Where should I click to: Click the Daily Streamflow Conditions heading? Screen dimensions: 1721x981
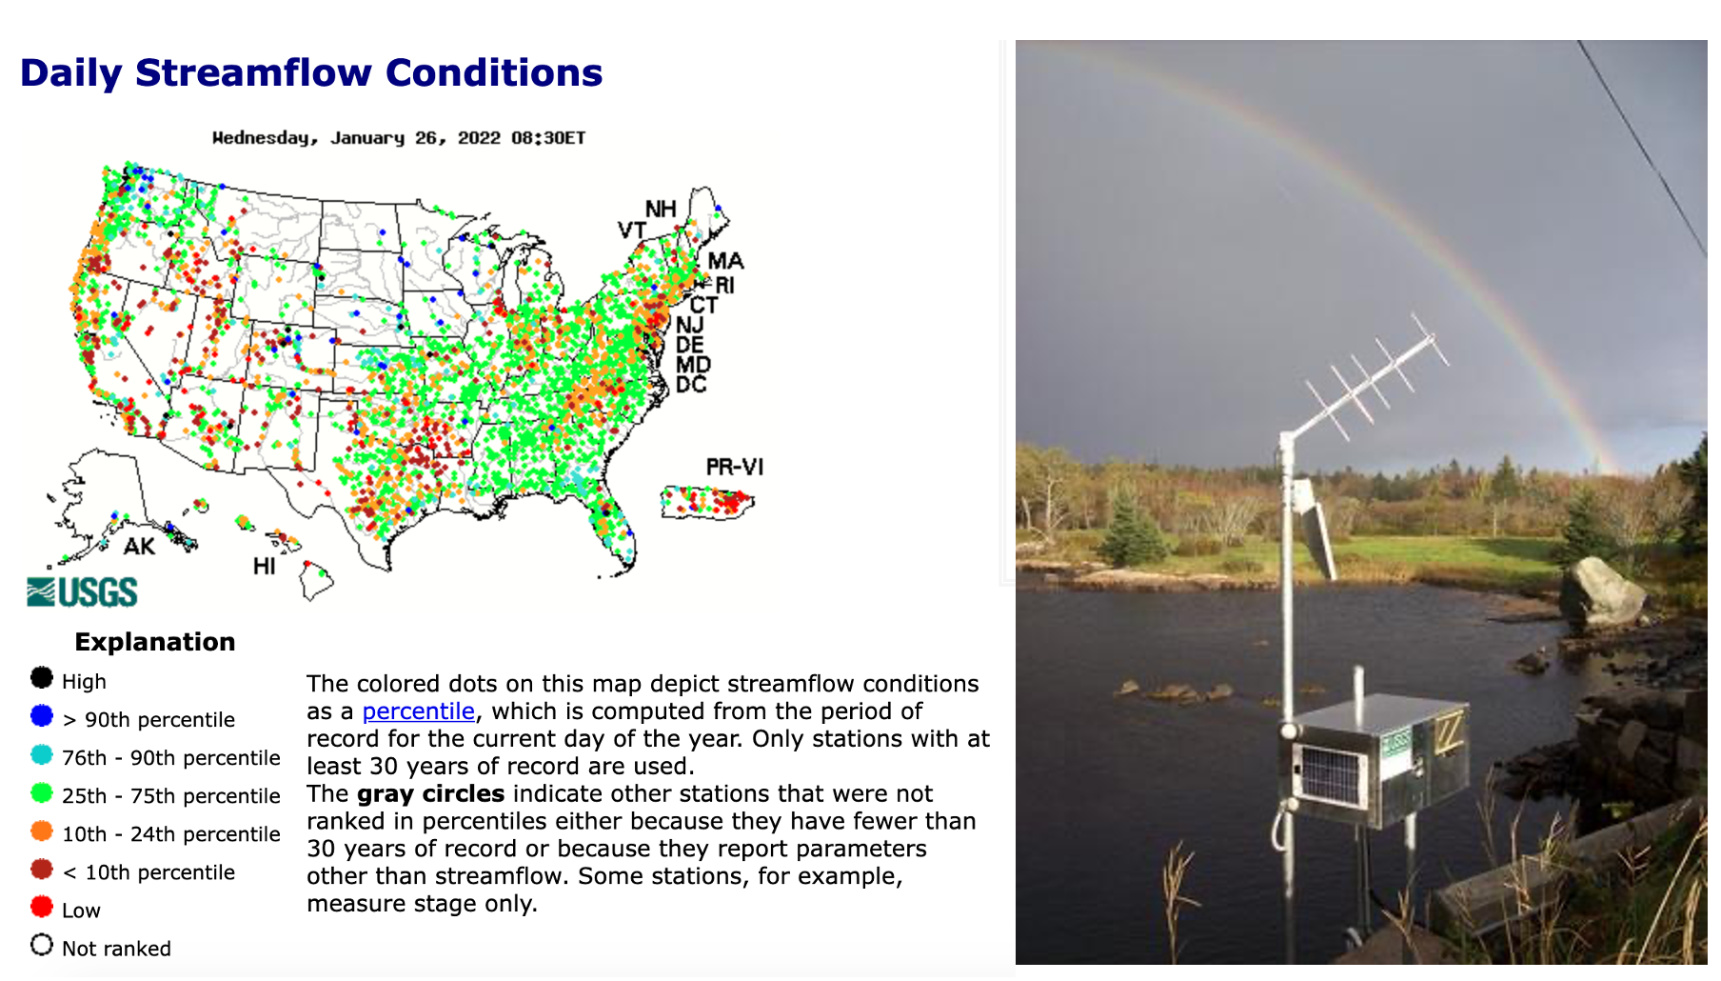[x=311, y=72]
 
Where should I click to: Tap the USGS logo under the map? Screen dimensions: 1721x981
[x=82, y=591]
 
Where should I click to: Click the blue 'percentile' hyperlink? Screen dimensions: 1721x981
[x=418, y=711]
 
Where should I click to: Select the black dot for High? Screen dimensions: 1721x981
[x=42, y=677]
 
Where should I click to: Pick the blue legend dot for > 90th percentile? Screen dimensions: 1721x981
[x=42, y=715]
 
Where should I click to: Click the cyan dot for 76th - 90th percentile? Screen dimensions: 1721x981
[x=42, y=754]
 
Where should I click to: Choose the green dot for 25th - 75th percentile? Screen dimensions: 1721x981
[x=42, y=792]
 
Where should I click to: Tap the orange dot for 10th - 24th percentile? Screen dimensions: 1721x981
[x=42, y=831]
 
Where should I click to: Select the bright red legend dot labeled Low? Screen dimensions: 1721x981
[x=42, y=907]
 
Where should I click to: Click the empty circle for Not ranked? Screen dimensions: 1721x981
[x=42, y=945]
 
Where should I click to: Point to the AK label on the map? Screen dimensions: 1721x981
[x=139, y=547]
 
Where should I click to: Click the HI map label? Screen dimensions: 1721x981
[x=265, y=567]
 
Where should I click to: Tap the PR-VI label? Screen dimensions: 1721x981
[x=735, y=467]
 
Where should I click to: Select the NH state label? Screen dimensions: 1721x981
[x=661, y=209]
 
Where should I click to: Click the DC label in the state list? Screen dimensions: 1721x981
[x=691, y=385]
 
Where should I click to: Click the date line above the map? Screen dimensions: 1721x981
[x=399, y=138]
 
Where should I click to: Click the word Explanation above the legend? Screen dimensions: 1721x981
[x=155, y=642]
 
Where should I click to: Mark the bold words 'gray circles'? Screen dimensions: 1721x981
[x=431, y=794]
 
